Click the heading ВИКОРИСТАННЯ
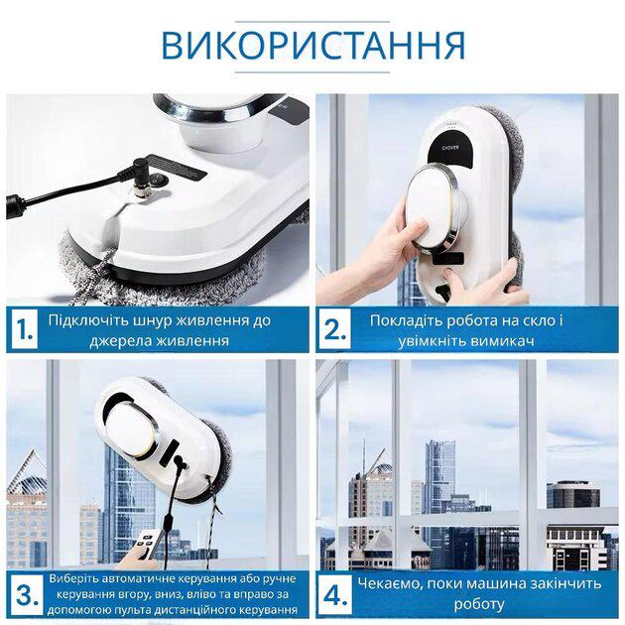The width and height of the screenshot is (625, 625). pyautogui.click(x=312, y=45)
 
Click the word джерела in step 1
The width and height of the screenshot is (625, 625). pyautogui.click(x=124, y=340)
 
